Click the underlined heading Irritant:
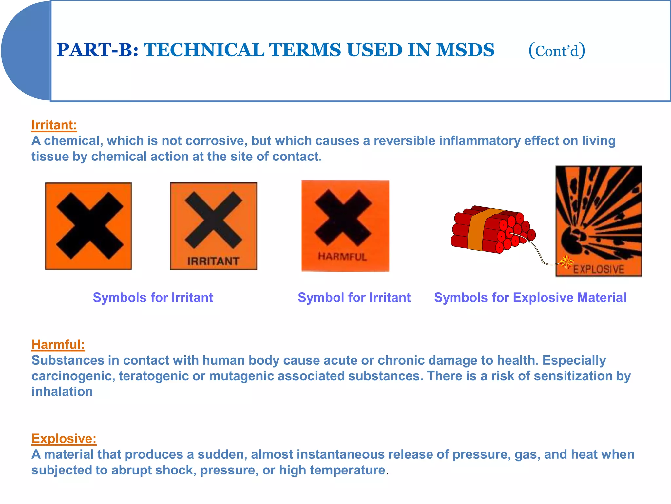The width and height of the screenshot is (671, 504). (x=54, y=125)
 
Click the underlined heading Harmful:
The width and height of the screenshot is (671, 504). (x=58, y=345)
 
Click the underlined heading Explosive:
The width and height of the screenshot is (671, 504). (x=64, y=439)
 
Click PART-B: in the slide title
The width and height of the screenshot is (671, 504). (x=98, y=50)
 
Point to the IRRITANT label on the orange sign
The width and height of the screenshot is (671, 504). (x=213, y=261)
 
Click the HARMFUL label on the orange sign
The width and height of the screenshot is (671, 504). (x=342, y=257)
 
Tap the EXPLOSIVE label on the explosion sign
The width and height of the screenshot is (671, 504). (x=598, y=269)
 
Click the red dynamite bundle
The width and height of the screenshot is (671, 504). (x=491, y=230)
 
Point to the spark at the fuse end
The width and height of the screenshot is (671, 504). (x=566, y=262)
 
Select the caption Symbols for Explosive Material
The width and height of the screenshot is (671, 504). (x=530, y=298)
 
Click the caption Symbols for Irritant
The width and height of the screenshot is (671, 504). (x=153, y=298)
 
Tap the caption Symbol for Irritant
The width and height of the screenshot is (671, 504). (x=354, y=298)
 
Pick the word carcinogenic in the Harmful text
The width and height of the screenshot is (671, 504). (x=73, y=376)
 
